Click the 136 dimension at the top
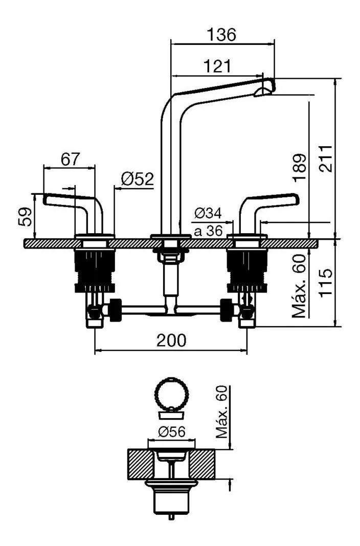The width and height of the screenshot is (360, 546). [x=222, y=35]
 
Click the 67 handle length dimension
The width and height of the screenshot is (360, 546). [x=70, y=159]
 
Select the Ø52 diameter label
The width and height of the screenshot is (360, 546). [x=137, y=179]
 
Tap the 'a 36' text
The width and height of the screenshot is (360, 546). [x=208, y=231]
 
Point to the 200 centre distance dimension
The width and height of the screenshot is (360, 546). [x=171, y=340]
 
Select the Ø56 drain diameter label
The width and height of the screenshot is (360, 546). [x=172, y=432]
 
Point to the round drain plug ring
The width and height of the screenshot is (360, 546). [x=172, y=393]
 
